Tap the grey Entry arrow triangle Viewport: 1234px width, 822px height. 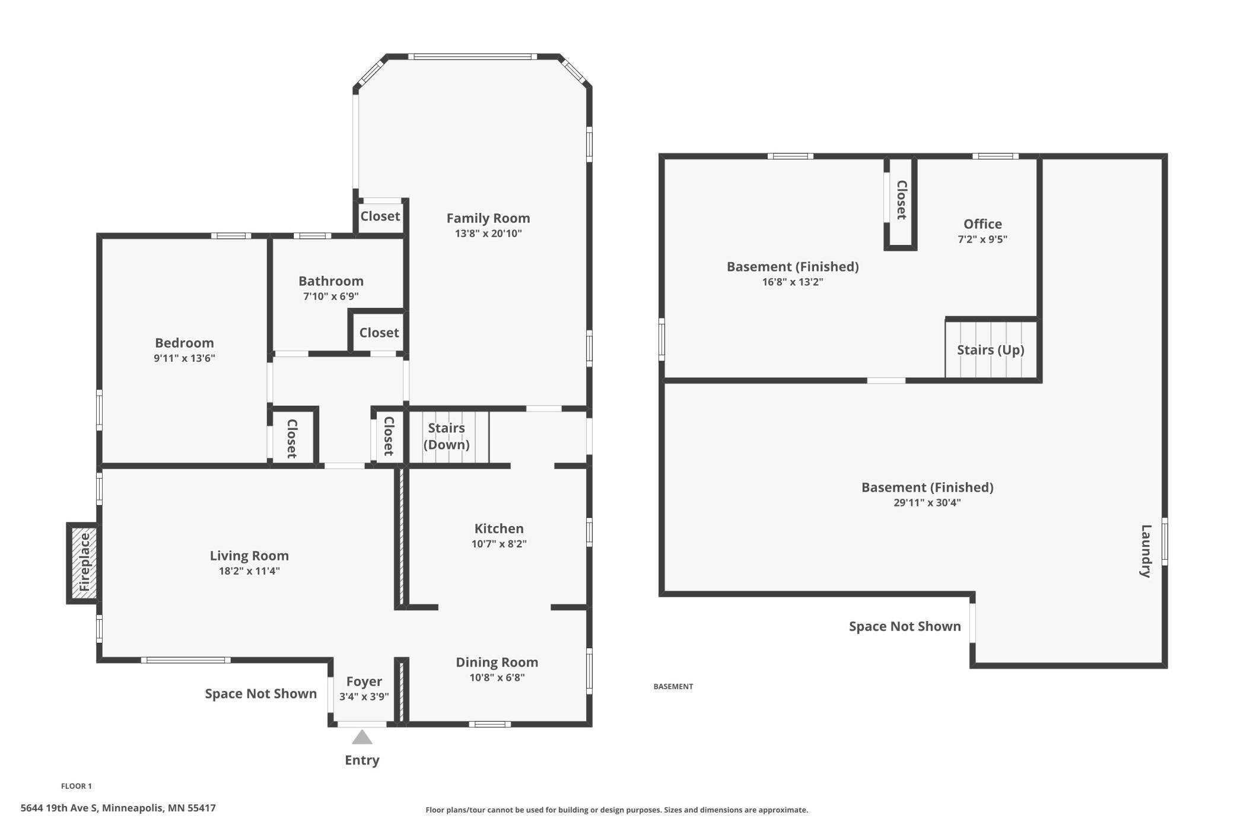(362, 737)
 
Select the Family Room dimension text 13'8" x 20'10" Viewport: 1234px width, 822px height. (488, 234)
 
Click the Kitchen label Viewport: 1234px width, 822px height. (499, 528)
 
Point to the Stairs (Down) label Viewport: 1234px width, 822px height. (447, 436)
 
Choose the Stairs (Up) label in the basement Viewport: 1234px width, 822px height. (991, 350)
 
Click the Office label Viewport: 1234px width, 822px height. (982, 224)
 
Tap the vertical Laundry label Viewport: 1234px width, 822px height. (1146, 551)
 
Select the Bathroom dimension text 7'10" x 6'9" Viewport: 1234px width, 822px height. (331, 297)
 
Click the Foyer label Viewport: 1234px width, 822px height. (364, 681)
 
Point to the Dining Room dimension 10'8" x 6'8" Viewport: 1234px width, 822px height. (497, 678)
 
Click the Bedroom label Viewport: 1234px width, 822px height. (185, 343)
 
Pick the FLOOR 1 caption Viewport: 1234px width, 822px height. (77, 786)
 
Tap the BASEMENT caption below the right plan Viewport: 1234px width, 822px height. (673, 687)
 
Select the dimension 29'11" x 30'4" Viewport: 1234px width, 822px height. (927, 503)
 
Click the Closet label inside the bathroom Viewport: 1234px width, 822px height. (379, 333)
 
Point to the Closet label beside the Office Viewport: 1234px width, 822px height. (901, 200)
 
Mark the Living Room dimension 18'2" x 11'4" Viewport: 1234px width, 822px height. (249, 571)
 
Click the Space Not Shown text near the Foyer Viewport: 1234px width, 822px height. (261, 694)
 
